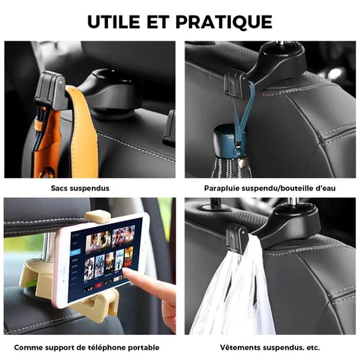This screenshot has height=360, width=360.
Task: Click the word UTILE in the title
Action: (x=113, y=22)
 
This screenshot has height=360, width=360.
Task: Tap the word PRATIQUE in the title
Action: (x=224, y=22)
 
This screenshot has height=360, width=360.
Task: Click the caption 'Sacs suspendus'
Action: (x=80, y=188)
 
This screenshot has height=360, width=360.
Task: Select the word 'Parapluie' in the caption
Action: (x=222, y=188)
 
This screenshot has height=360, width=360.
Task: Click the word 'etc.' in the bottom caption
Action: (x=313, y=348)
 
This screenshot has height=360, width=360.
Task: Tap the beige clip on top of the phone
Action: (x=97, y=217)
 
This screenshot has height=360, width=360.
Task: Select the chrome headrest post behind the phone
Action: (x=49, y=247)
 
